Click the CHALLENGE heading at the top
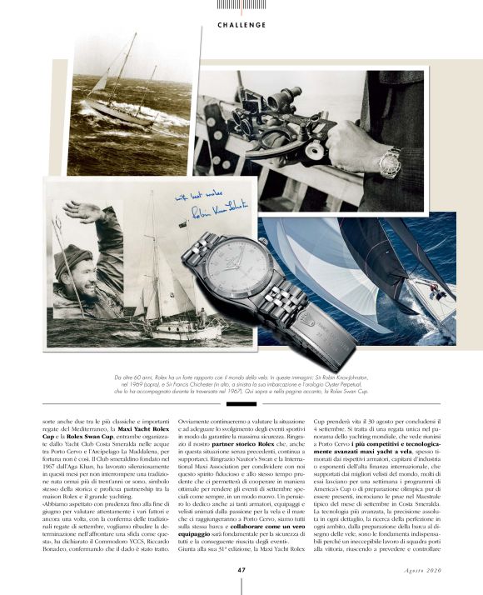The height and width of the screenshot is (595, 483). click(x=242, y=25)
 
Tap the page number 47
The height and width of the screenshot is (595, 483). click(x=241, y=570)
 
